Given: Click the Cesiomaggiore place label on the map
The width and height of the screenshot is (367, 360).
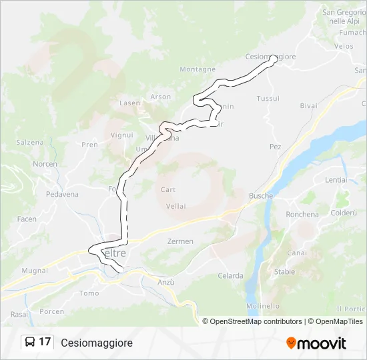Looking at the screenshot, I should tap(271, 57).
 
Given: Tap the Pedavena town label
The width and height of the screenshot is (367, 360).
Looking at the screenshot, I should tap(62, 195).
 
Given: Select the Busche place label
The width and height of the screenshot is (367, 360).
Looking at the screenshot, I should tap(261, 196).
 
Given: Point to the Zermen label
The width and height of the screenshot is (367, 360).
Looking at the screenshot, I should tap(181, 241).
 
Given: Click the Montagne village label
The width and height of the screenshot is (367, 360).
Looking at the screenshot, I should tap(198, 69).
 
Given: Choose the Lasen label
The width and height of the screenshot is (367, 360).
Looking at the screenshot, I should tap(129, 103).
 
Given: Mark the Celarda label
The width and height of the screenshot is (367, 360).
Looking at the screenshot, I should tap(230, 276).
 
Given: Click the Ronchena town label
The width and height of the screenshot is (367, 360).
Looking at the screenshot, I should tap(302, 215).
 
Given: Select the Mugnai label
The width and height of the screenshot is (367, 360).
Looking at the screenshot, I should tap(35, 271).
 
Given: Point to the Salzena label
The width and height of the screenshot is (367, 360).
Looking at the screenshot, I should tap(30, 143).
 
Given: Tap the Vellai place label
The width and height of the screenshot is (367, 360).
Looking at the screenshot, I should tap(176, 206).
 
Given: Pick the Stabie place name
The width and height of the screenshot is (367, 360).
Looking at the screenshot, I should tap(284, 272).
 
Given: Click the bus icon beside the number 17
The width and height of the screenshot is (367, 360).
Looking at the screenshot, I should tap(30, 343).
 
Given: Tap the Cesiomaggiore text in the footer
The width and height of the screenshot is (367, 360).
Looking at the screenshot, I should tap(97, 343).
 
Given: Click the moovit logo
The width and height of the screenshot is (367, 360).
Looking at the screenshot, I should tap(316, 343).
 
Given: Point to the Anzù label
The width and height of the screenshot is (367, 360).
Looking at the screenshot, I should tap(166, 283).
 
